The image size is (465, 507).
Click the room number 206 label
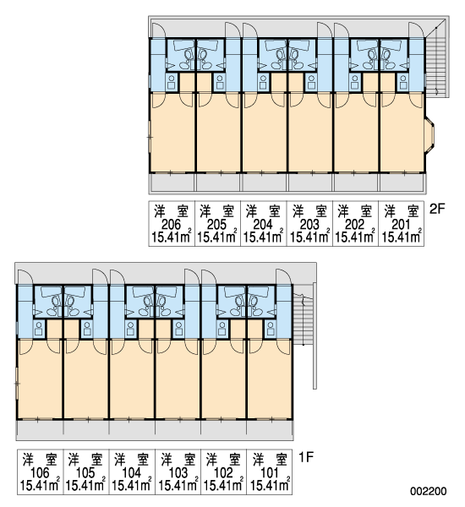pyautogui.click(x=171, y=225)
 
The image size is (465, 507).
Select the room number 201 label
pyautogui.click(x=401, y=225)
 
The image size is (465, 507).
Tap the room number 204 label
pyautogui.click(x=263, y=225)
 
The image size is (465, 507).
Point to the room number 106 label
pyautogui.click(x=40, y=473)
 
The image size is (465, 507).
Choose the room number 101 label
pyautogui.click(x=269, y=473)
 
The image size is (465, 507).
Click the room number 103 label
pyautogui.click(x=178, y=473)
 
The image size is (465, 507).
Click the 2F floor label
pyautogui.click(x=437, y=210)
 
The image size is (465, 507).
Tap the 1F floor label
pyautogui.click(x=306, y=457)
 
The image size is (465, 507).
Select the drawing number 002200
pyautogui.click(x=429, y=492)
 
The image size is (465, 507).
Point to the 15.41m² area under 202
pyautogui.click(x=355, y=237)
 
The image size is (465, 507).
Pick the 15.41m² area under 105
pyautogui.click(x=85, y=485)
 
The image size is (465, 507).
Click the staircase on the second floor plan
pyautogui.click(x=436, y=57)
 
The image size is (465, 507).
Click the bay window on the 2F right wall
pyautogui.click(x=429, y=134)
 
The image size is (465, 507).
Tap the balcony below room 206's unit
pyautogui.click(x=172, y=183)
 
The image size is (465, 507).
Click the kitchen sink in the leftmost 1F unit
pyautogui.click(x=39, y=329)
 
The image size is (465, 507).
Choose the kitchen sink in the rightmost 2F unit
pyautogui.click(x=403, y=82)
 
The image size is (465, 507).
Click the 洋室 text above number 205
pyautogui.click(x=217, y=212)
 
